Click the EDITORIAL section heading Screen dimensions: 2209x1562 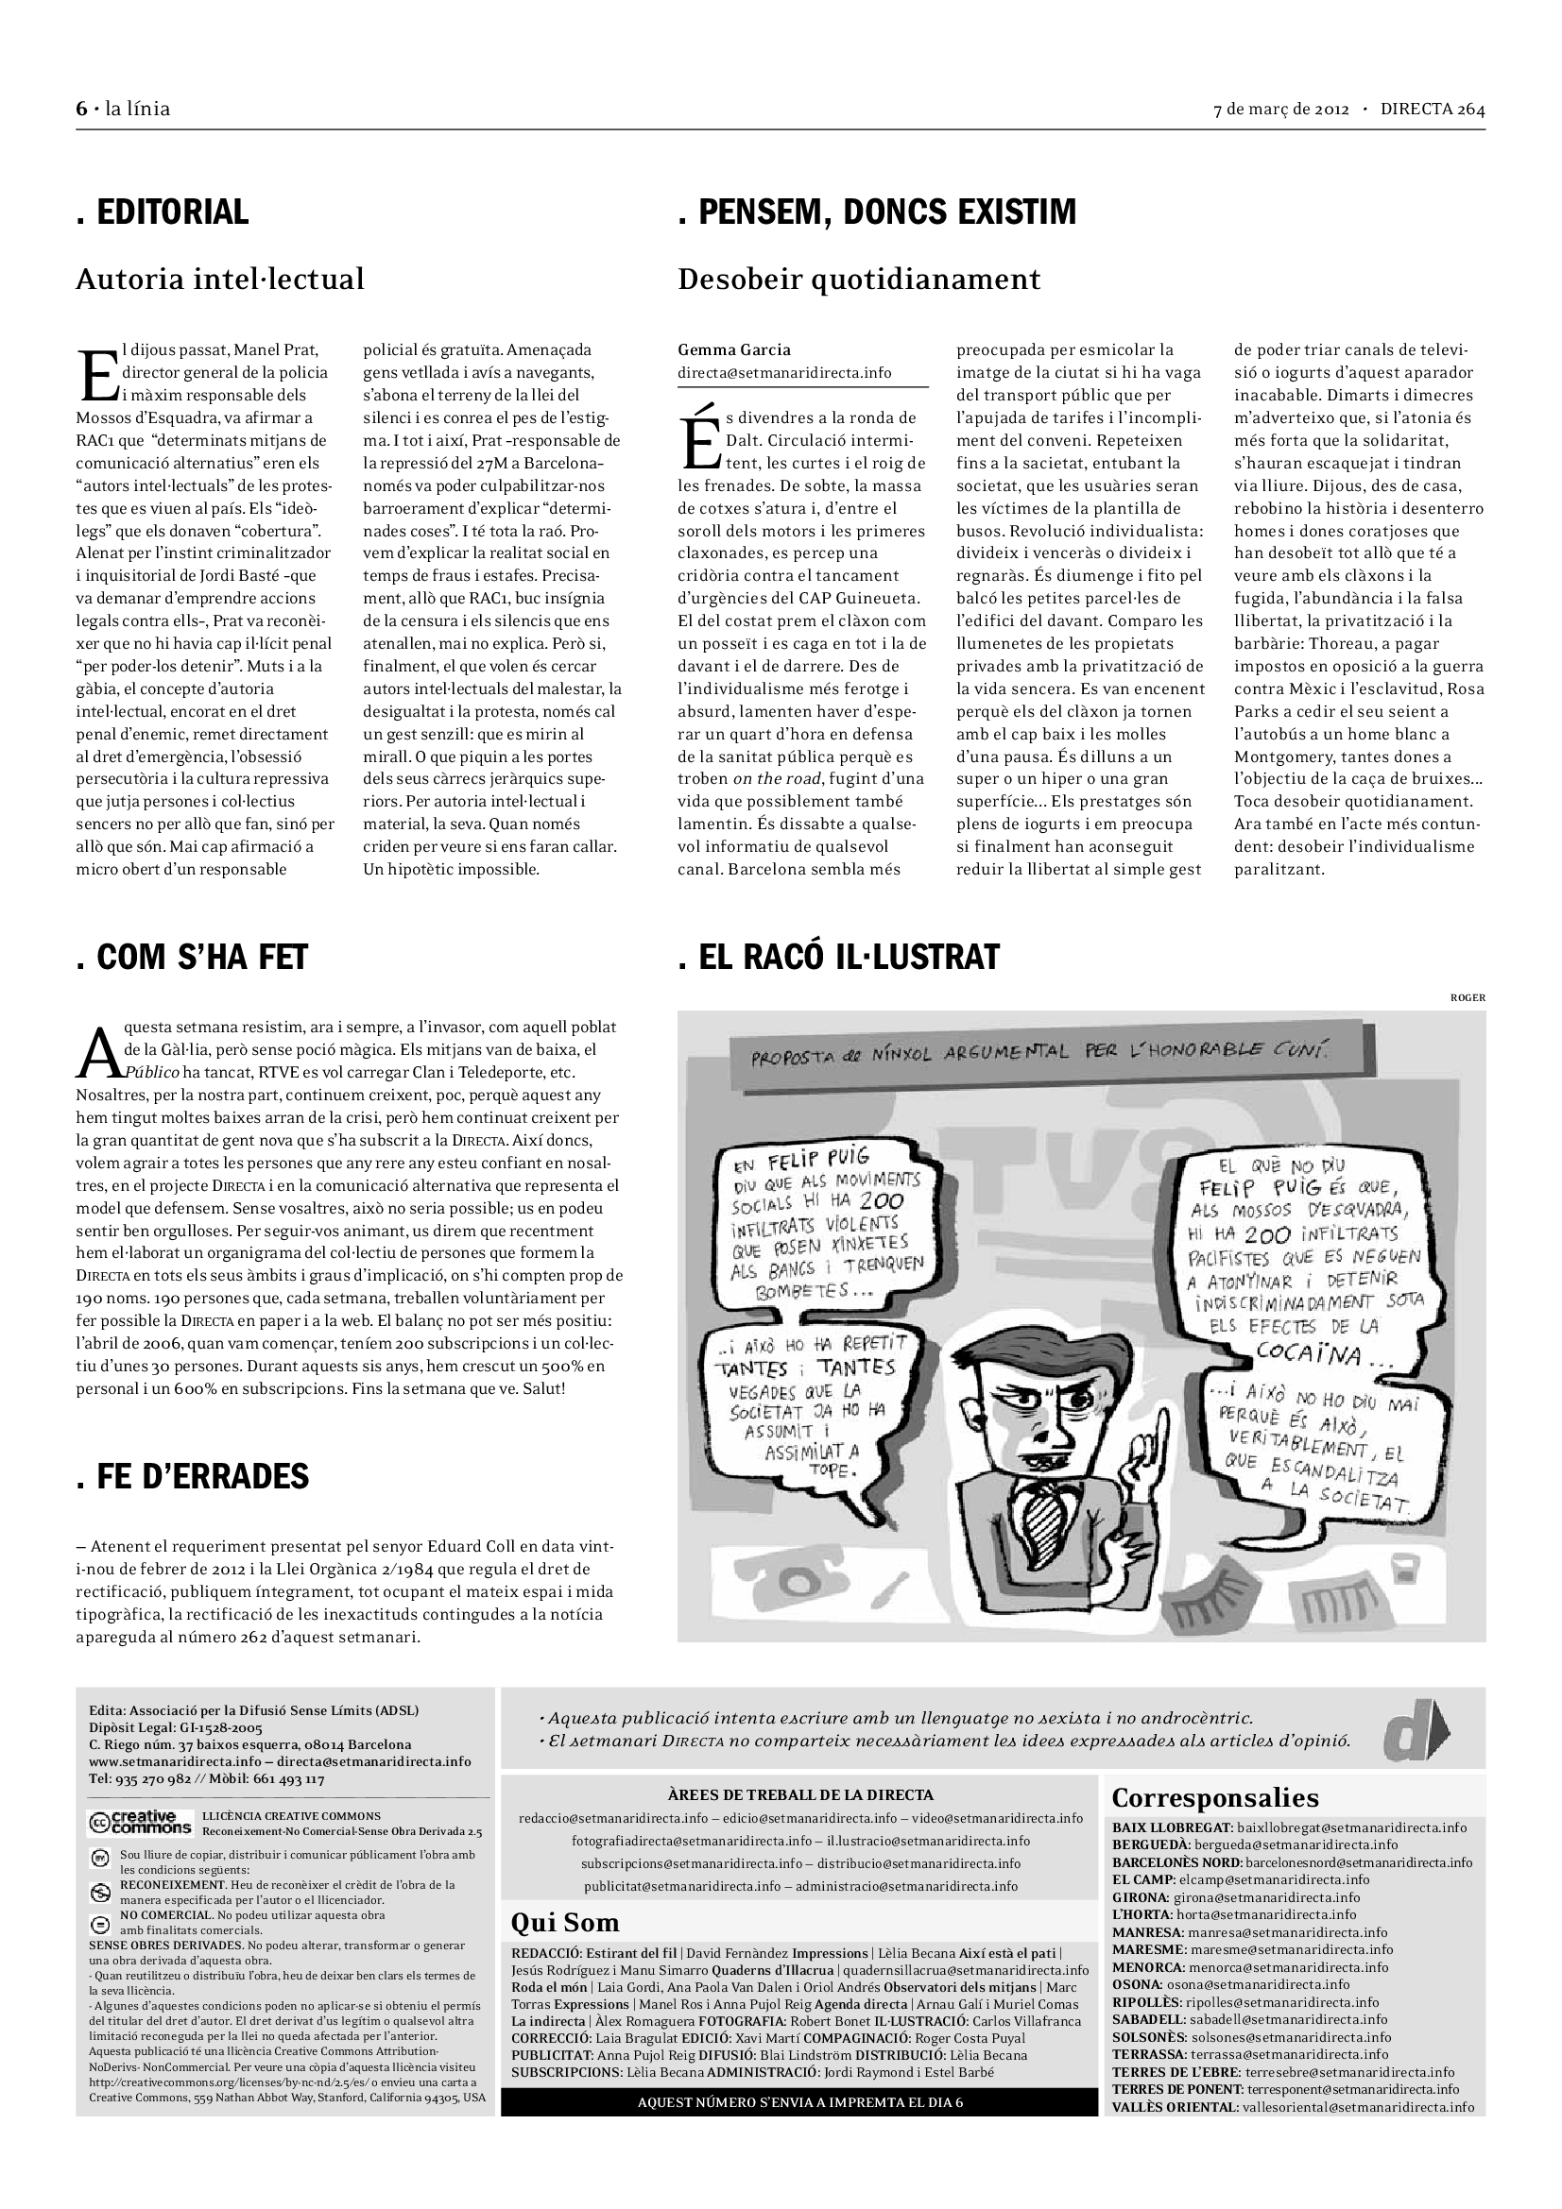tap(163, 212)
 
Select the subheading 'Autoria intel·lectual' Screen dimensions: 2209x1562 tap(220, 279)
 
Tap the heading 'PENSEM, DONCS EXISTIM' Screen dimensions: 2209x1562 tap(877, 212)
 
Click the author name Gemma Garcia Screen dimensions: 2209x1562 tap(734, 349)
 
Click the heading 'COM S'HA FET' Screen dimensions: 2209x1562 tap(192, 957)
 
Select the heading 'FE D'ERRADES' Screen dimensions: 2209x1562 tap(193, 1476)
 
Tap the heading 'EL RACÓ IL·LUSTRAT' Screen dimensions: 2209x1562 tap(838, 957)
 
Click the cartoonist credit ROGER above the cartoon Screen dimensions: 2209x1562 tap(1467, 997)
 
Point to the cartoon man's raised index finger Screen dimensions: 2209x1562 tap(1163, 1430)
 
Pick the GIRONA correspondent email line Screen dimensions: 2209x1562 tap(1236, 1897)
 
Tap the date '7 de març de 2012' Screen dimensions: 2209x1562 tap(1281, 109)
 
